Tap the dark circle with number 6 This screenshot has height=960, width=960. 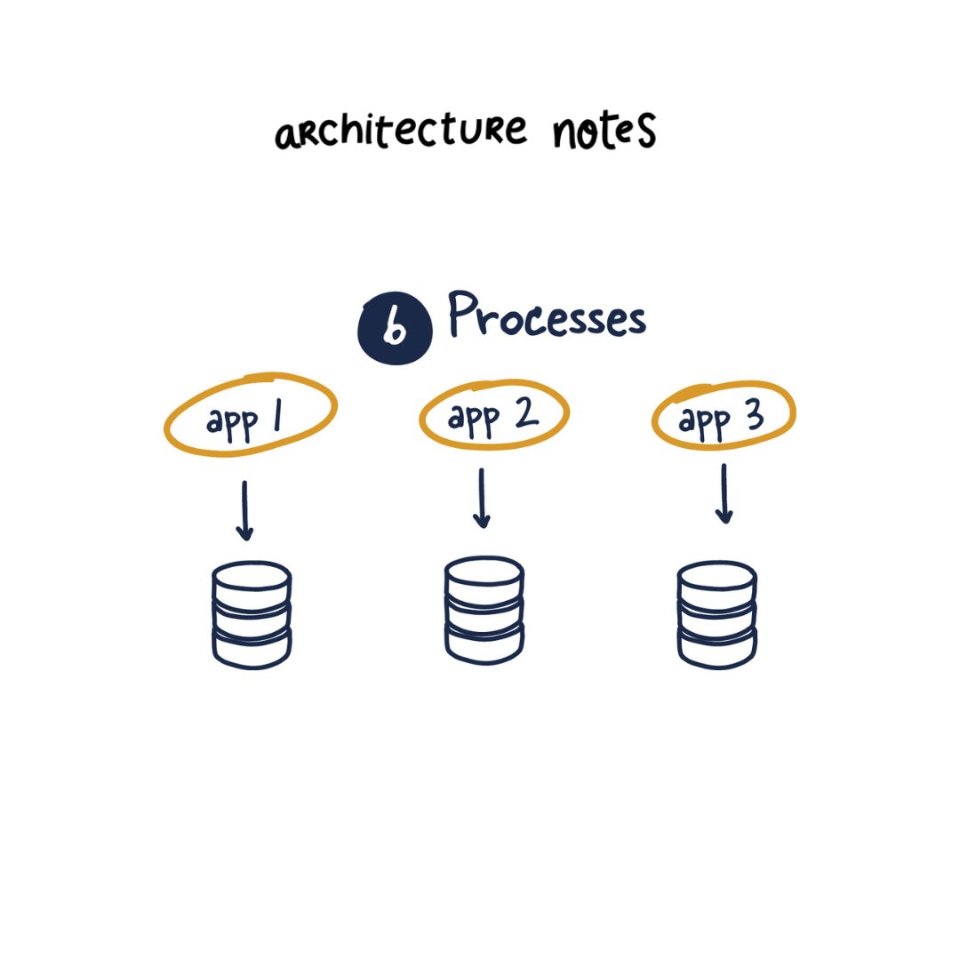[395, 329]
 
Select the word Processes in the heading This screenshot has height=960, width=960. [546, 316]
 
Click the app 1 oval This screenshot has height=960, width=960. [250, 415]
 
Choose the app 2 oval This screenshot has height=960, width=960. [493, 414]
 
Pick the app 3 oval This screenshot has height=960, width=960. [724, 414]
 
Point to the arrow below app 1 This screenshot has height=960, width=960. [245, 511]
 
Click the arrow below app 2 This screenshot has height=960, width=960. [482, 499]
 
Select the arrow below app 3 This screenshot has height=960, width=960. [724, 494]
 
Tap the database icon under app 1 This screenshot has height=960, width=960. [252, 614]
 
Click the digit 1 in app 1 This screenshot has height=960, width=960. [278, 419]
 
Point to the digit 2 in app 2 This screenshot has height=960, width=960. [524, 414]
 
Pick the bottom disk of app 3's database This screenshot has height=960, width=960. [716, 646]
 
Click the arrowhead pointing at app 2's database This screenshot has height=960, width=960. [483, 521]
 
